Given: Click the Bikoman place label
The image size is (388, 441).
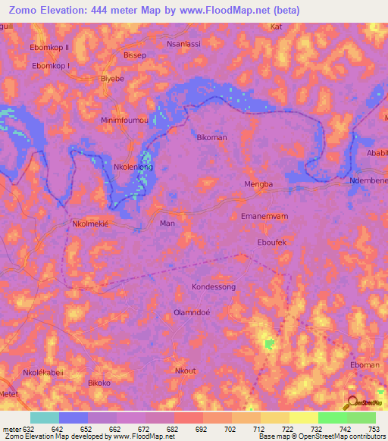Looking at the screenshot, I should click(211, 138).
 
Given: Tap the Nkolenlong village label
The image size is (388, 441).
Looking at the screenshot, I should click(133, 167).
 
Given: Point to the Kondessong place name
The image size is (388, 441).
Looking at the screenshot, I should click(214, 287).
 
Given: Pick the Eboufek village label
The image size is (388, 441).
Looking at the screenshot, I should click(273, 243).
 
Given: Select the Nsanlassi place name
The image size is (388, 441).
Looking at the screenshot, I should click(183, 44).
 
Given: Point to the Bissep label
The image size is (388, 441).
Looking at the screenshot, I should click(134, 55).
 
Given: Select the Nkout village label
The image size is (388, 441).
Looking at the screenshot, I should click(185, 371).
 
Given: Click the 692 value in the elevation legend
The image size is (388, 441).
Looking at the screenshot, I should click(202, 428).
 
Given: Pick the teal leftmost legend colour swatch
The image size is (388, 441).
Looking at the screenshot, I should click(45, 418).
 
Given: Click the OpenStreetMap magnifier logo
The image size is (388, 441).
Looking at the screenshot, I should click(351, 403).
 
